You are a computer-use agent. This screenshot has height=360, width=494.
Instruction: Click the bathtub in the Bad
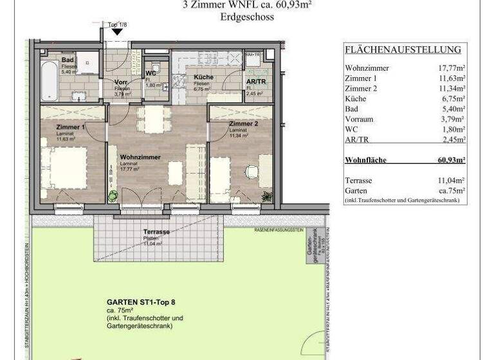coord(49,82)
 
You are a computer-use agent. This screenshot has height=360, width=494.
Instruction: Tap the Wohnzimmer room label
coord(140,156)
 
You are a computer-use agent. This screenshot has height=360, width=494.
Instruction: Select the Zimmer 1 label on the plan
coord(70,127)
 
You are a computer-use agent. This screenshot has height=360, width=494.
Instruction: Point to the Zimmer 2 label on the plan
coord(243,123)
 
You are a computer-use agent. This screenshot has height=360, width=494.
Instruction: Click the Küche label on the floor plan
coord(203,77)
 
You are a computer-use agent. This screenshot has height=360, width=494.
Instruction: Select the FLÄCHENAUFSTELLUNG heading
coord(403,50)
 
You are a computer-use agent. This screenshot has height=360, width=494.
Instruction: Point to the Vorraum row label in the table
coord(359,119)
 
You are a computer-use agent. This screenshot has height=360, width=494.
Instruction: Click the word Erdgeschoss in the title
coord(247,17)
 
